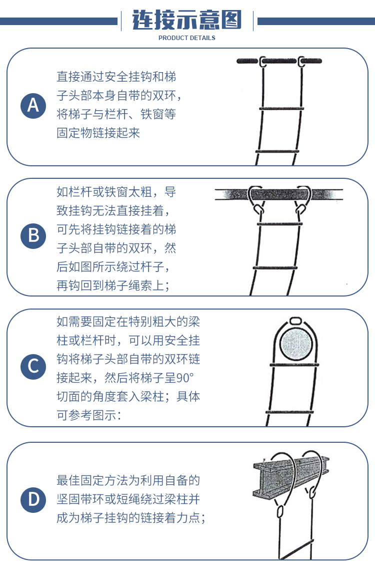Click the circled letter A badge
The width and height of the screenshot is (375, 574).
tap(33, 106)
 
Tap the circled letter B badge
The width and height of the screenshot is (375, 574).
tap(33, 236)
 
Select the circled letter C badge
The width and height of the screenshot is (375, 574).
tap(33, 367)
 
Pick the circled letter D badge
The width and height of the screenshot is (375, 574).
tap(33, 500)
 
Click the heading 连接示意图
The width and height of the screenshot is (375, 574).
tap(187, 20)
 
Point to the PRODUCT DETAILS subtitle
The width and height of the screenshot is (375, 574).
tap(187, 38)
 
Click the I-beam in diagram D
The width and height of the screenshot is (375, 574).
tap(290, 476)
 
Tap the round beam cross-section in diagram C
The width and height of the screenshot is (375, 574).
tap(296, 344)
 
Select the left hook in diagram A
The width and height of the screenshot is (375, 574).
tap(262, 62)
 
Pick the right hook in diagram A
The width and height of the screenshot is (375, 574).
tap(301, 62)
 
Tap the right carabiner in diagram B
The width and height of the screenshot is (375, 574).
tap(300, 209)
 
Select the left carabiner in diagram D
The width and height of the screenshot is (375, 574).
tap(280, 511)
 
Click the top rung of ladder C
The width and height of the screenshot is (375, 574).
tap(294, 365)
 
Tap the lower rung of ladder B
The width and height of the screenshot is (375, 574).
tap(275, 268)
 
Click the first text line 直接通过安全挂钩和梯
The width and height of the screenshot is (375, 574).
tap(116, 77)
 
